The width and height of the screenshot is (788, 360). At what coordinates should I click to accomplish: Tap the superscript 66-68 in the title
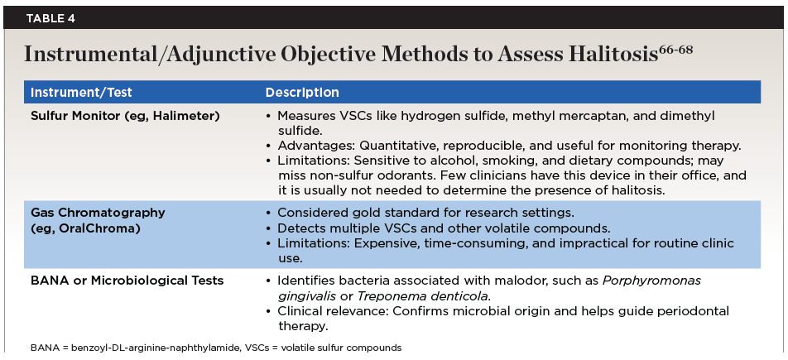[676, 49]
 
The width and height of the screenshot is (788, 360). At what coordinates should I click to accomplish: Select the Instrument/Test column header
[81, 93]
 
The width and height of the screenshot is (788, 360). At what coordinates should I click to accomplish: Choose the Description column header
[301, 93]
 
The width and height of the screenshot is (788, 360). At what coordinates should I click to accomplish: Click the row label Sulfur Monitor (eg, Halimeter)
[125, 116]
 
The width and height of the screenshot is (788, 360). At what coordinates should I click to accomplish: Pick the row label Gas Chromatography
[98, 213]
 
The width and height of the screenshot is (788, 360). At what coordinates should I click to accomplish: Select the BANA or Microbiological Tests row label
[127, 281]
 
